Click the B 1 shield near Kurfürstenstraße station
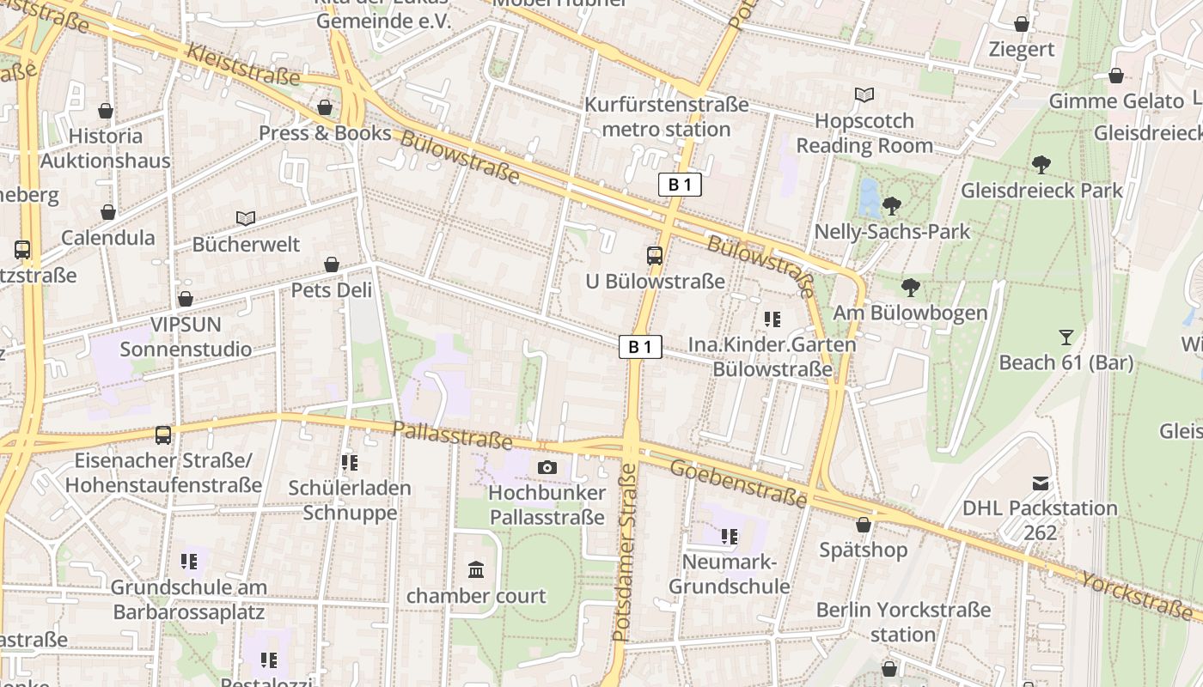pyautogui.click(x=680, y=185)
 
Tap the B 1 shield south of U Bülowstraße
pyautogui.click(x=641, y=347)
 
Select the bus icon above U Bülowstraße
pyautogui.click(x=655, y=255)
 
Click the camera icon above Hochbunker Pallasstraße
pyautogui.click(x=547, y=467)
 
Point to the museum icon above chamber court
pyautogui.click(x=476, y=569)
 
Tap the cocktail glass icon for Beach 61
pyautogui.click(x=1066, y=337)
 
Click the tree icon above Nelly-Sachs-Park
pyautogui.click(x=892, y=205)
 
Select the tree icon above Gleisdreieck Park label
pyautogui.click(x=1041, y=164)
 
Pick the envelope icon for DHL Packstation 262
pyautogui.click(x=1041, y=483)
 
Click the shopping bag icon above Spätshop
pyautogui.click(x=864, y=524)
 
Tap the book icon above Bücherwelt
pyautogui.click(x=246, y=219)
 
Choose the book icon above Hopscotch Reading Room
pyautogui.click(x=864, y=95)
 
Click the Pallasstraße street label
pyautogui.click(x=452, y=436)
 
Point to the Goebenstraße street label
pyautogui.click(x=737, y=483)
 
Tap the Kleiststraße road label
pyautogui.click(x=243, y=65)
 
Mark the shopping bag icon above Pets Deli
pyautogui.click(x=332, y=264)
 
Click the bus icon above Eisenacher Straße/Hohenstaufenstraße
pyautogui.click(x=163, y=435)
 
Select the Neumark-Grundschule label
pyautogui.click(x=729, y=575)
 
